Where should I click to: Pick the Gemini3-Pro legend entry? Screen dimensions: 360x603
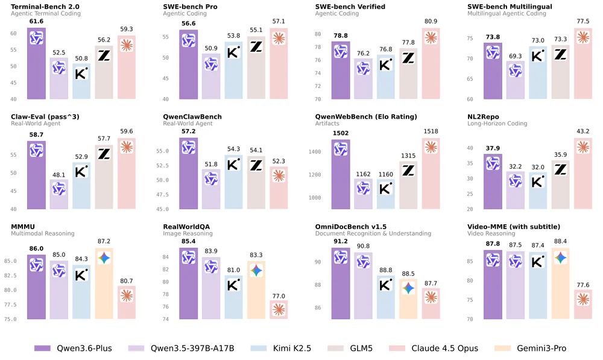(x=534, y=348)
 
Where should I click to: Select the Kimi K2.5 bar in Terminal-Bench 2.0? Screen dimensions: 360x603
(x=81, y=81)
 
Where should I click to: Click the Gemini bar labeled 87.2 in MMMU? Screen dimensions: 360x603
(x=104, y=283)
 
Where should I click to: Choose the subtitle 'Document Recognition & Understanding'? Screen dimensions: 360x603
(x=373, y=233)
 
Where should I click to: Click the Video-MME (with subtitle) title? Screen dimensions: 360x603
(x=514, y=227)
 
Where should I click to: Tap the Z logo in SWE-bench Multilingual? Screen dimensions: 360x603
(x=560, y=54)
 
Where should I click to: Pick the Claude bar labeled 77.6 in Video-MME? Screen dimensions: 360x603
(x=582, y=305)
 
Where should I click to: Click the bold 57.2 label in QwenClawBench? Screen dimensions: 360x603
(x=189, y=131)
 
